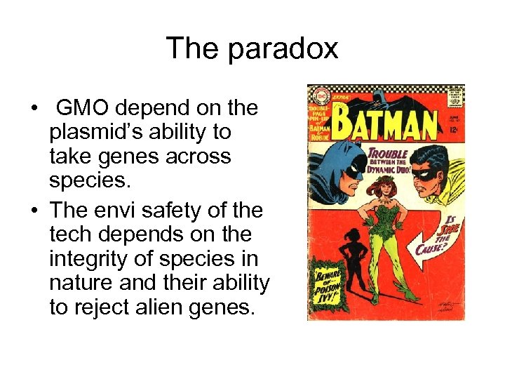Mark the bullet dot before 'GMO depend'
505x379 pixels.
[33, 109]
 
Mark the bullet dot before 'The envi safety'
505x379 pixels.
[33, 211]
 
